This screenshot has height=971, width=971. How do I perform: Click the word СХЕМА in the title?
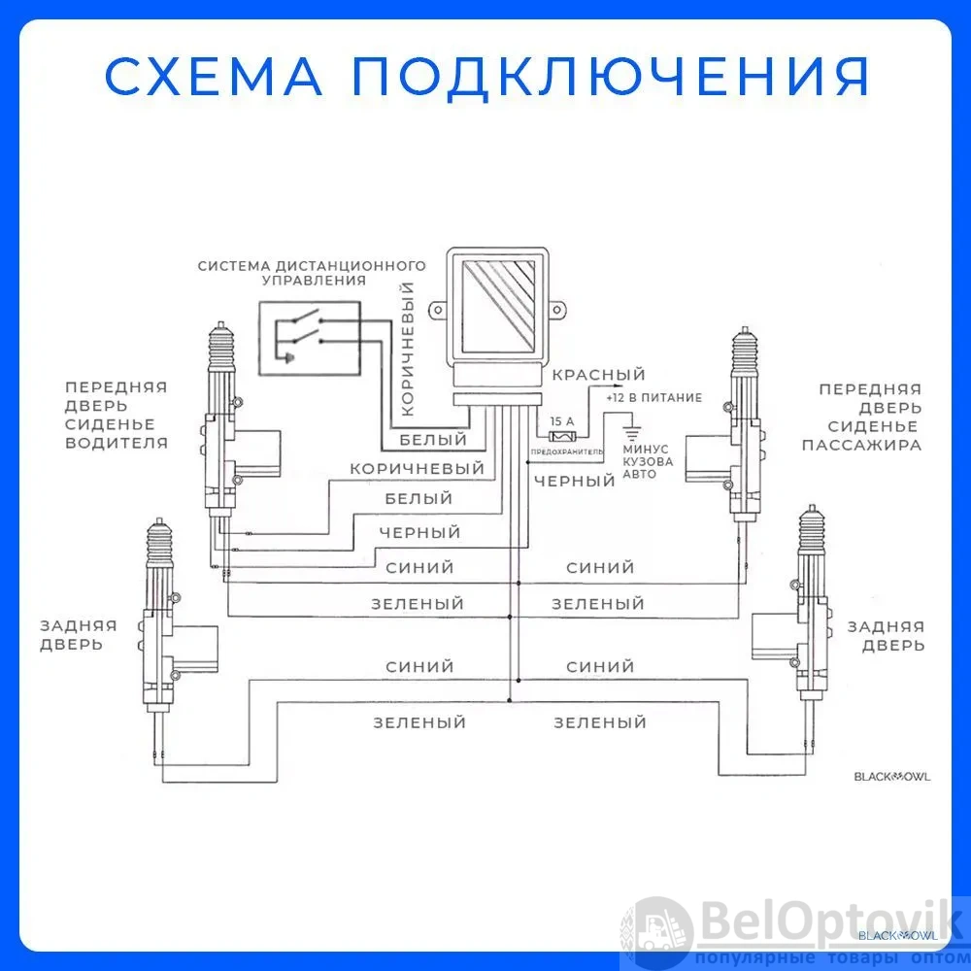point(214,76)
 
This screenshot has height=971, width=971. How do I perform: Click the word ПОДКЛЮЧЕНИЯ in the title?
point(611,78)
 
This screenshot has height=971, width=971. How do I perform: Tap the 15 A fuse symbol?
point(562,437)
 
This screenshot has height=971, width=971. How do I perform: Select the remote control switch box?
point(310,338)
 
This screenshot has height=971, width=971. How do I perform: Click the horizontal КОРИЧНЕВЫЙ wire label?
point(418,469)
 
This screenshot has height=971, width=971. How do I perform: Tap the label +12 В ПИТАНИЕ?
point(653,397)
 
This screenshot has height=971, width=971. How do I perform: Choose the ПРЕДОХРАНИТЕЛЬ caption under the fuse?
point(567,452)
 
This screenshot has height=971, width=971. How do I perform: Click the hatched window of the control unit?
point(498,306)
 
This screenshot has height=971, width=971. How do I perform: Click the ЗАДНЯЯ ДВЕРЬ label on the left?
point(79,635)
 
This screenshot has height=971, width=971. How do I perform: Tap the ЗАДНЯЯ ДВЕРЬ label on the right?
point(887,636)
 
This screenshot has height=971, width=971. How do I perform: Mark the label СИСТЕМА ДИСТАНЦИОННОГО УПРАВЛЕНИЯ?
point(312,273)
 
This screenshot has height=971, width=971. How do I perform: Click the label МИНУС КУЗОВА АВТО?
point(648,462)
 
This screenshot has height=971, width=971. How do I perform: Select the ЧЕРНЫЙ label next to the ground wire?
point(575,482)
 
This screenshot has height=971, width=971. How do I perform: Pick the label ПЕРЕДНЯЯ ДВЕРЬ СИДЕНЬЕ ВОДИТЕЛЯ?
point(117,415)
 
